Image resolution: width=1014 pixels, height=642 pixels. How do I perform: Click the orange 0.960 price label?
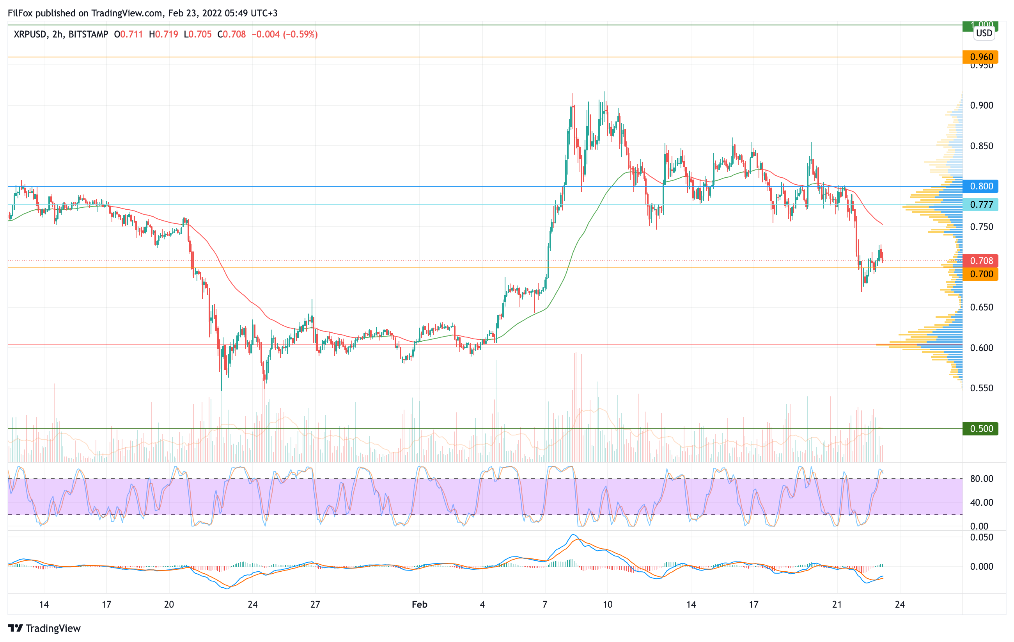click(980, 57)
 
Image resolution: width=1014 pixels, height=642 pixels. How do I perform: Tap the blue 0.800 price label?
click(980, 186)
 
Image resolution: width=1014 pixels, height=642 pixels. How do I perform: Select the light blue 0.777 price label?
click(980, 205)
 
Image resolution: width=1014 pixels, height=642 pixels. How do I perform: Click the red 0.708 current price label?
click(980, 261)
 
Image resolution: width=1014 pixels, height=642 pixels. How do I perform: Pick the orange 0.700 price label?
click(980, 275)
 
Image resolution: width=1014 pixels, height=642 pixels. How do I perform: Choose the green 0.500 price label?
click(980, 429)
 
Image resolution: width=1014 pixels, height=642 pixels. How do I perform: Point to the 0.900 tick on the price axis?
click(981, 105)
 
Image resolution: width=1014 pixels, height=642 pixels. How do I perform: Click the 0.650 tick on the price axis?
click(981, 307)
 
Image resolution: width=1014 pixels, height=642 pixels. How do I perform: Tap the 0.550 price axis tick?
click(981, 388)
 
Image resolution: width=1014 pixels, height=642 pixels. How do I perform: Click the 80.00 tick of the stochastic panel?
click(981, 479)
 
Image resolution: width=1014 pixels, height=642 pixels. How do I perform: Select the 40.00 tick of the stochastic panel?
click(981, 503)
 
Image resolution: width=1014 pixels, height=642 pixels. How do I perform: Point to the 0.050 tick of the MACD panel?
click(981, 537)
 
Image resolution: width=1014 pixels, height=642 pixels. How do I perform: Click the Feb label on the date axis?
click(419, 605)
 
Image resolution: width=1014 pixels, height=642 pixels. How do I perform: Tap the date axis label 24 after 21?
click(899, 605)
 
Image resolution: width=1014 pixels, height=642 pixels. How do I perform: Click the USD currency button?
click(984, 33)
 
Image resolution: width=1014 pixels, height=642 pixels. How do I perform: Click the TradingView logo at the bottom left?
click(44, 628)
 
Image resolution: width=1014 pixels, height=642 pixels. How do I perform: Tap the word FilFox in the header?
click(20, 13)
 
